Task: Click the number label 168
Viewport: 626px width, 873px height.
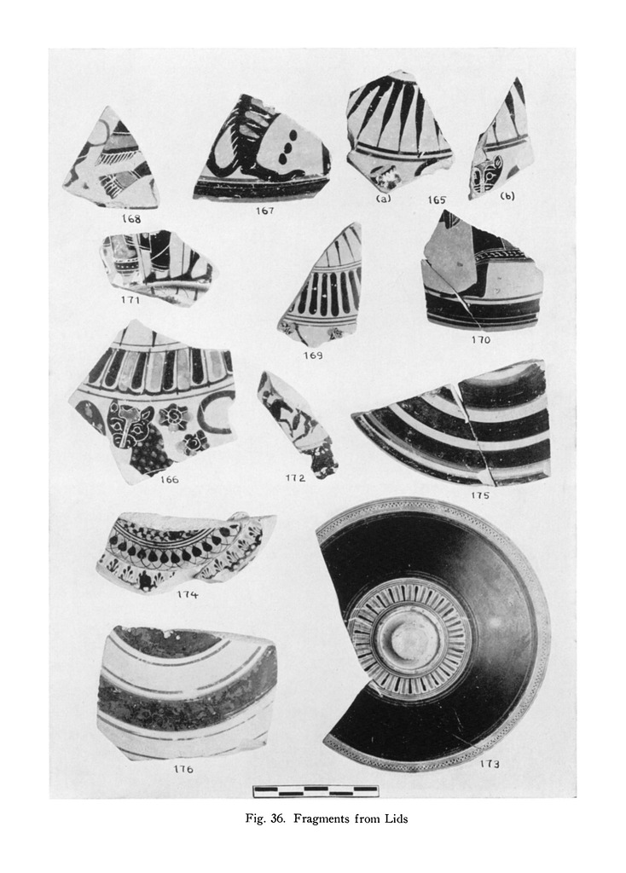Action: pos(130,219)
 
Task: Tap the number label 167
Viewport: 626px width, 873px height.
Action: pos(264,211)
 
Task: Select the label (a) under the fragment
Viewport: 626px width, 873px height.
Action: pos(383,198)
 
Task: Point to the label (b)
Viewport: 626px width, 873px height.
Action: pos(507,196)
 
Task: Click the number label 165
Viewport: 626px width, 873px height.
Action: pos(437,199)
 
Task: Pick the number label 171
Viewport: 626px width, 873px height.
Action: pos(130,300)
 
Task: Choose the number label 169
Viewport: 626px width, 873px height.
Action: pos(312,356)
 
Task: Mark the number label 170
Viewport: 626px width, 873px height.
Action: pos(480,339)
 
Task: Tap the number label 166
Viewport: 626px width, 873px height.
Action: pos(169,479)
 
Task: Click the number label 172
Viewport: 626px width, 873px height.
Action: pos(295,477)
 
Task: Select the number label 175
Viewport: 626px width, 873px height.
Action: pos(479,495)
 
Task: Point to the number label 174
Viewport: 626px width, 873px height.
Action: pos(187,594)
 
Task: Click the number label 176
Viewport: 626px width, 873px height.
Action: pos(183,769)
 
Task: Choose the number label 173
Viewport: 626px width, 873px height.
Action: pos(490,764)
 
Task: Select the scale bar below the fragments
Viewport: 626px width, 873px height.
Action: pos(316,790)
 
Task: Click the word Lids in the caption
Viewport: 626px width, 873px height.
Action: pos(397,819)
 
